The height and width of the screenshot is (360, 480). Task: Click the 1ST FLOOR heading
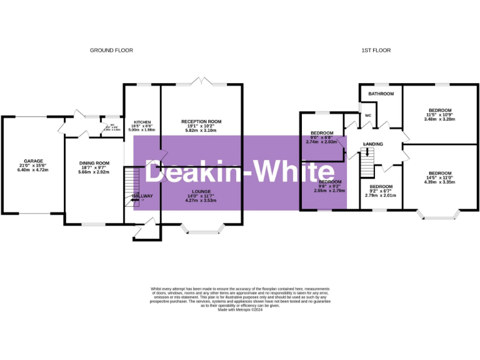[x=377, y=50]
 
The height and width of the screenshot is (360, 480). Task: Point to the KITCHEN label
[x=141, y=122]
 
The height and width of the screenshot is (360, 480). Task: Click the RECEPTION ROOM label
[x=201, y=121]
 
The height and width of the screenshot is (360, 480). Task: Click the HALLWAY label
[x=142, y=196]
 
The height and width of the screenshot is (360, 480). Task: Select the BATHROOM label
[x=381, y=94]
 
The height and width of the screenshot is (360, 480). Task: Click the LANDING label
[x=373, y=145]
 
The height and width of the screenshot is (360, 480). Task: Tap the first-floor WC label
[x=368, y=115]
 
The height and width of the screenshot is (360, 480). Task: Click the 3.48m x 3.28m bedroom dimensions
[x=439, y=118]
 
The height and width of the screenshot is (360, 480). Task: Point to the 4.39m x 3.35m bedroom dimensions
[x=440, y=182]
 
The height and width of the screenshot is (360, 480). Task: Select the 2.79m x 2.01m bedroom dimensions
[x=381, y=194]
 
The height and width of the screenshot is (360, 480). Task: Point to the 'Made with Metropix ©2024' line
[x=240, y=309]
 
